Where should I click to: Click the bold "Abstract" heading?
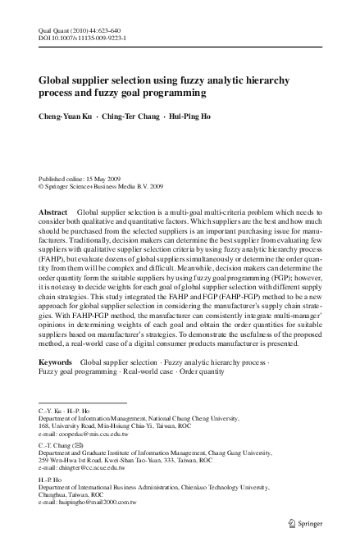coord(53,212)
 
